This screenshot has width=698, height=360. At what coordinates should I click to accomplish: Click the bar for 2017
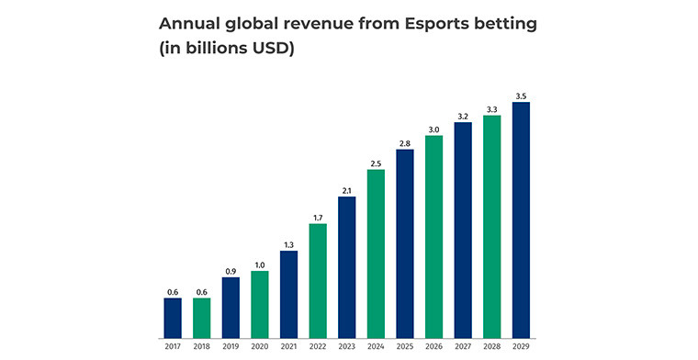(x=173, y=317)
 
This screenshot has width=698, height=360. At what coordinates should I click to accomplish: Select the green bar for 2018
(x=201, y=317)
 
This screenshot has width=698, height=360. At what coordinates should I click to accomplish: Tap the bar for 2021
(x=288, y=293)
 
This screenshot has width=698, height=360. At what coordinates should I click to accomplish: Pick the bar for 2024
(x=376, y=253)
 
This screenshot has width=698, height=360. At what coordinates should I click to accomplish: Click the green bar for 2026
(x=433, y=235)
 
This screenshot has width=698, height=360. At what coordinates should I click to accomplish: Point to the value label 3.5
(x=521, y=96)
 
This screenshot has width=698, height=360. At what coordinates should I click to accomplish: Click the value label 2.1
(x=346, y=190)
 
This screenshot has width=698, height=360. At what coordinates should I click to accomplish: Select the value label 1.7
(x=318, y=218)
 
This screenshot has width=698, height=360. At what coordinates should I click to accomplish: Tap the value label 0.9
(x=231, y=271)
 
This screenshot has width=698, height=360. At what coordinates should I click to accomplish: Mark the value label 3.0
(x=433, y=129)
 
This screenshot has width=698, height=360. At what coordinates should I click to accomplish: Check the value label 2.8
(x=405, y=143)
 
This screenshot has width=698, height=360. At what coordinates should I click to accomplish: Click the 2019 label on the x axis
(x=231, y=345)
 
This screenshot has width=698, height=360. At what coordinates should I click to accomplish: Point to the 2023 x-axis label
(x=346, y=345)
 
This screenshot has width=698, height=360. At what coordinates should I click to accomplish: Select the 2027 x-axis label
(x=463, y=345)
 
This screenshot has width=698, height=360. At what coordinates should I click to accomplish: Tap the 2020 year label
(x=260, y=345)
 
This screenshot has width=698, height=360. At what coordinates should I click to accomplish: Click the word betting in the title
(x=503, y=23)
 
